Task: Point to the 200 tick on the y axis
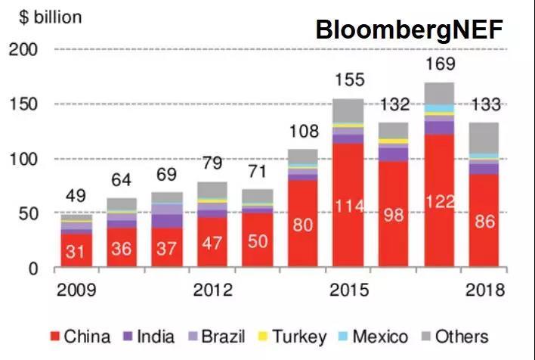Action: (x=23, y=50)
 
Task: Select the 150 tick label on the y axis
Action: (x=23, y=104)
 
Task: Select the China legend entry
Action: (x=79, y=337)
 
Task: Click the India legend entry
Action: (x=148, y=337)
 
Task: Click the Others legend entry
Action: (x=454, y=337)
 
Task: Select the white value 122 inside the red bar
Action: (x=440, y=203)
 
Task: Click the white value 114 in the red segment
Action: (x=348, y=204)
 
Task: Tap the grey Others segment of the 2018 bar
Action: (x=484, y=138)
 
